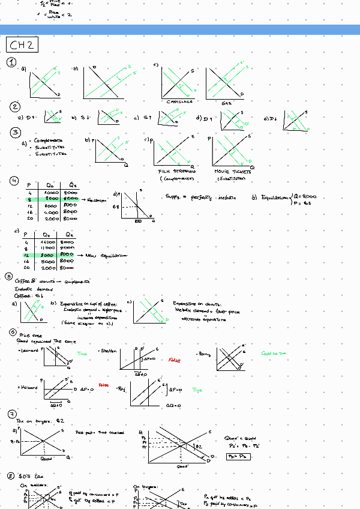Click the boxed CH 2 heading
22,45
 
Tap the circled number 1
11,63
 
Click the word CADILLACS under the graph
180,101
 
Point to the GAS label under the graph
226,103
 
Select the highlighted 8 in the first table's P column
29,198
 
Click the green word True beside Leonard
82,354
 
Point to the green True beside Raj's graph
197,390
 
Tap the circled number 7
12,414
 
